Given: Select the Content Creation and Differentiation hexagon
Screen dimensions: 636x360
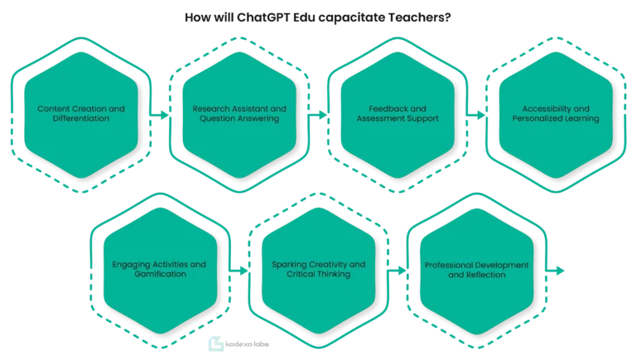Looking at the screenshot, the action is tap(81, 115).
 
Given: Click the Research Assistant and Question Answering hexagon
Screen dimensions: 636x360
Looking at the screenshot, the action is tap(239, 115).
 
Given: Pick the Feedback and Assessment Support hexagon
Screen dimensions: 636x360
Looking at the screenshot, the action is tap(397, 115).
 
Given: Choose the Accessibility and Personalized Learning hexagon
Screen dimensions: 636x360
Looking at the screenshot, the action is tap(556, 115).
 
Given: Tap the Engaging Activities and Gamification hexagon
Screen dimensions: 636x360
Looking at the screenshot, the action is tap(160, 271).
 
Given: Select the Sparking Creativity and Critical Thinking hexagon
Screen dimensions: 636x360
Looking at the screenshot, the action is tap(318, 271).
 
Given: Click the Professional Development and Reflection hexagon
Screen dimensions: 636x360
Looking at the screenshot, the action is tap(477, 271).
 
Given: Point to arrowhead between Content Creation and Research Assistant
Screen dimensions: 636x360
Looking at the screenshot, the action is tap(165, 115).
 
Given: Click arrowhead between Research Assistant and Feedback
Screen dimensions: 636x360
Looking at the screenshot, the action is tap(323, 115).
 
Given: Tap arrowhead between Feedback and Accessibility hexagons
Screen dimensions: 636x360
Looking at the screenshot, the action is tap(481, 115).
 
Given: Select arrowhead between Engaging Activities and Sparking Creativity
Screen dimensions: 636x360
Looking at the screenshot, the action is tap(243, 271).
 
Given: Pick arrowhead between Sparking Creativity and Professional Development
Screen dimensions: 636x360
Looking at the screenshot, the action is tap(402, 271).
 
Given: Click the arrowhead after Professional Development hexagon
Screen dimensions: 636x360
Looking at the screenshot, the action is tap(560, 271).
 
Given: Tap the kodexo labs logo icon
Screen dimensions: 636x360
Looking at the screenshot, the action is tap(216, 343).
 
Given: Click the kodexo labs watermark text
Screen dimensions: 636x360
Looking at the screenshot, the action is tap(247, 344).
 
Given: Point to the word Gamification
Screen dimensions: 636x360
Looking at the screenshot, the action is tap(160, 274).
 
